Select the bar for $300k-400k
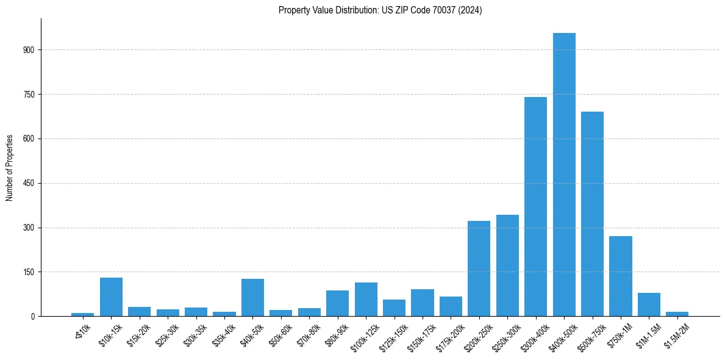pos(535,207)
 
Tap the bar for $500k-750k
pos(592,214)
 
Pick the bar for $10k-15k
pos(111,297)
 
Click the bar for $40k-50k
pos(252,298)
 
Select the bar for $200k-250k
pos(479,268)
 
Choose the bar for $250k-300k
pos(507,265)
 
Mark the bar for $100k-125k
pos(366,300)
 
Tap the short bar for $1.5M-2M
pos(677,314)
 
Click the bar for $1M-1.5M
pos(649,304)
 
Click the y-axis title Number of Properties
pos(9,168)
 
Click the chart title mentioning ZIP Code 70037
pos(380,10)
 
